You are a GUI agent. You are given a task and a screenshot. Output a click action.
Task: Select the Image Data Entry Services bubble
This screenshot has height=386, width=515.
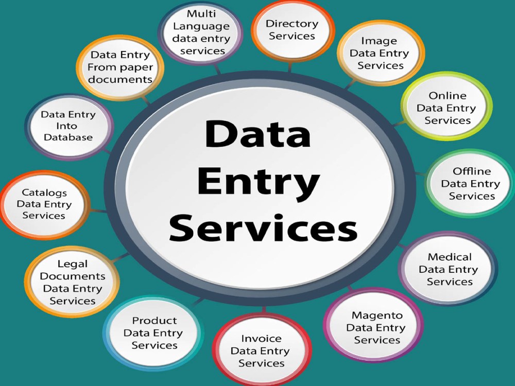(x=381, y=53)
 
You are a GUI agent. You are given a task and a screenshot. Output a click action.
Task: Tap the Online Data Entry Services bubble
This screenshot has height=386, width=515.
(x=447, y=107)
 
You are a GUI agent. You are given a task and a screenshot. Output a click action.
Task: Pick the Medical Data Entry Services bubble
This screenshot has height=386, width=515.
(x=449, y=269)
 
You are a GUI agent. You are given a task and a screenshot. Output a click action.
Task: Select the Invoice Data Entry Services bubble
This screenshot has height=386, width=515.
(x=262, y=350)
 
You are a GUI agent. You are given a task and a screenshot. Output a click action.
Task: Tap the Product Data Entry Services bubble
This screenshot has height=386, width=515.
(x=153, y=333)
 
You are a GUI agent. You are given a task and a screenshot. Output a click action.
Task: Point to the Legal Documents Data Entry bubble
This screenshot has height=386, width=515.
(x=72, y=282)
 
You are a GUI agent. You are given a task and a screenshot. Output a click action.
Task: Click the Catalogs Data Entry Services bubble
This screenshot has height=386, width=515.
(x=45, y=205)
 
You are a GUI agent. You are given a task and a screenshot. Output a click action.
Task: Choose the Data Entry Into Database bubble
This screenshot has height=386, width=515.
(x=69, y=127)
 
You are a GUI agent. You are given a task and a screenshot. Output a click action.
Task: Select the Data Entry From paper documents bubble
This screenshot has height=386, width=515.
(x=120, y=67)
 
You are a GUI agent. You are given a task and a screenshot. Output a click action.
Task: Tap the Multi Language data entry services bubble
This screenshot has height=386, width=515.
(x=201, y=32)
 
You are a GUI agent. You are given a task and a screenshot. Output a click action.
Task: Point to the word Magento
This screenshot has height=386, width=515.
(x=377, y=315)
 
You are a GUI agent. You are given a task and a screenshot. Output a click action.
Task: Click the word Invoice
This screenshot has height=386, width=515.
(x=261, y=338)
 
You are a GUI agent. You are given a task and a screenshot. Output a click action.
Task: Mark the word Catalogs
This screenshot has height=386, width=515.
(x=44, y=192)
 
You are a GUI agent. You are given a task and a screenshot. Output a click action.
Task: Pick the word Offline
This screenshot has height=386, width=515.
(x=472, y=171)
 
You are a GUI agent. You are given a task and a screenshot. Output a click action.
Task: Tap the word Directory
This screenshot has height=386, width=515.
(x=292, y=24)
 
